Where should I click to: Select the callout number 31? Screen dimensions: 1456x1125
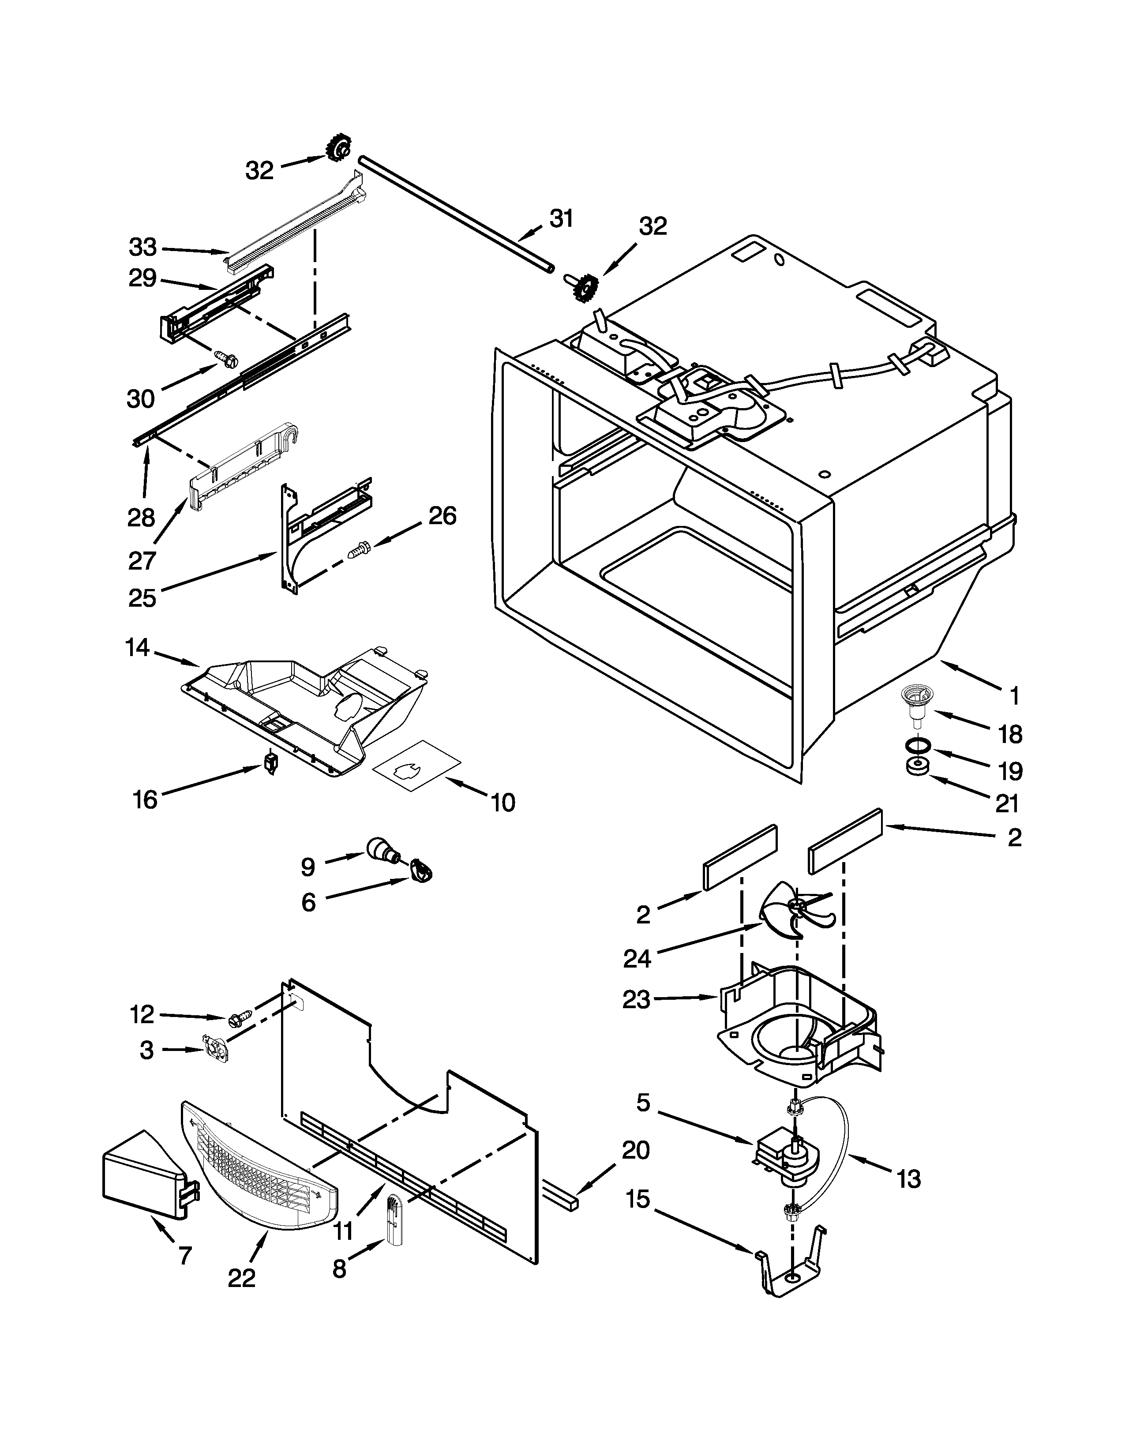pos(561,219)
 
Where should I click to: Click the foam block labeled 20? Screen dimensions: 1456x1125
pos(561,1199)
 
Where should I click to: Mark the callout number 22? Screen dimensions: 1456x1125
pos(241,1279)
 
